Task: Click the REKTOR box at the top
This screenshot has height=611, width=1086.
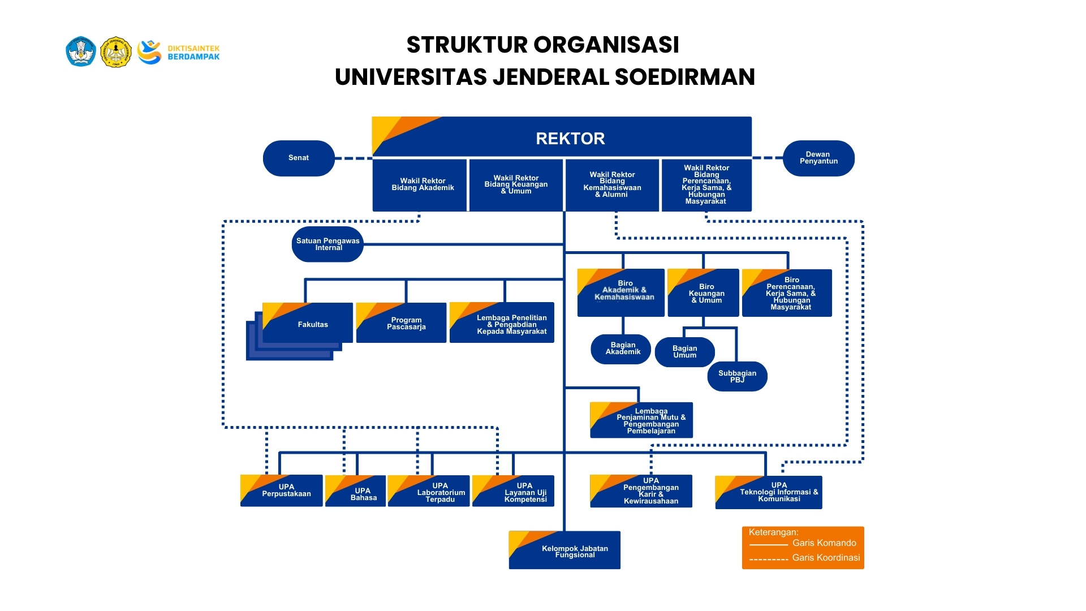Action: click(570, 138)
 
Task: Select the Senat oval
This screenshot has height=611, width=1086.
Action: click(299, 158)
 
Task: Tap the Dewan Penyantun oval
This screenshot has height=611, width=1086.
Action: click(818, 158)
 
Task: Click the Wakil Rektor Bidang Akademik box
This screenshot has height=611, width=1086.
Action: click(422, 184)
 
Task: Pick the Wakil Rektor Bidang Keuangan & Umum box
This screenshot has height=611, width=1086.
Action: click(516, 184)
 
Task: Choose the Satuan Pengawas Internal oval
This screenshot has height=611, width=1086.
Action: click(327, 244)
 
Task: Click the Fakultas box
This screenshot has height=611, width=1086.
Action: click(312, 324)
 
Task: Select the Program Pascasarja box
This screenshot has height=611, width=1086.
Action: click(406, 324)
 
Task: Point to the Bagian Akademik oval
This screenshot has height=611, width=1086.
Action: click(622, 348)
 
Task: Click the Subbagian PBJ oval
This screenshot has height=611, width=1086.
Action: click(737, 376)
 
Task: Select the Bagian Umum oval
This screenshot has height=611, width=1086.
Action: click(684, 352)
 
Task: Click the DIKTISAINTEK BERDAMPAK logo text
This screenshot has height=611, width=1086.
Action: click(193, 53)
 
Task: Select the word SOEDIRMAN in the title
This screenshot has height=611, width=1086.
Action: click(684, 77)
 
